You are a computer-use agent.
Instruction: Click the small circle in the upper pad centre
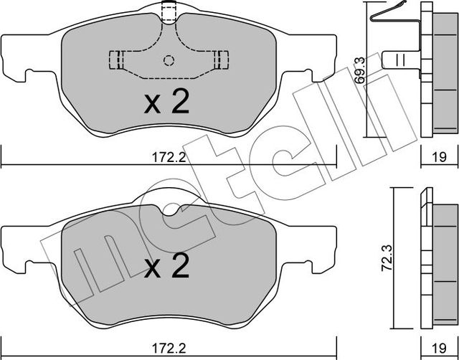tap(169, 60)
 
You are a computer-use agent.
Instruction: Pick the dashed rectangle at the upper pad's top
tap(169, 11)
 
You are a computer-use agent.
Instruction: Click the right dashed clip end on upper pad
tap(222, 60)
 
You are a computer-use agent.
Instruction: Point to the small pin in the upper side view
tap(397, 60)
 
